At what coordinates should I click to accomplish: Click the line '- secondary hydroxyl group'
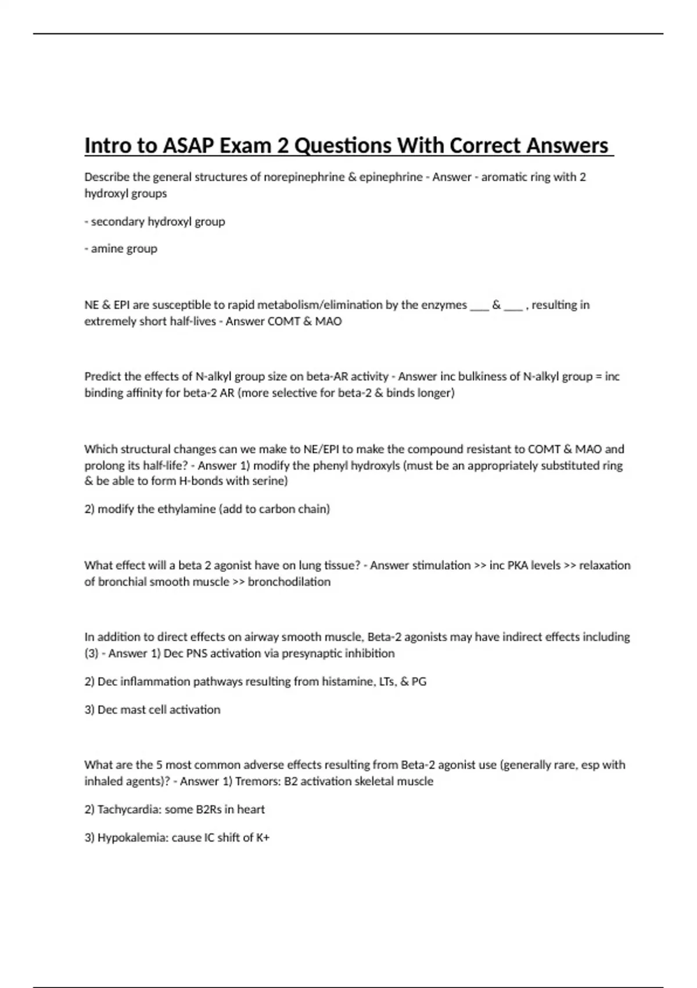[155, 221]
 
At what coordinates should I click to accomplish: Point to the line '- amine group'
[121, 249]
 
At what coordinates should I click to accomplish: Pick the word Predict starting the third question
[103, 377]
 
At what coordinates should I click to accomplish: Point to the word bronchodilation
[289, 582]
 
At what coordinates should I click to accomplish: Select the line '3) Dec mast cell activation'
[152, 710]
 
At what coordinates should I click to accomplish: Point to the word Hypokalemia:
[133, 837]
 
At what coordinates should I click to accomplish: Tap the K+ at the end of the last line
[263, 837]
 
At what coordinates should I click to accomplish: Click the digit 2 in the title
[283, 145]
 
